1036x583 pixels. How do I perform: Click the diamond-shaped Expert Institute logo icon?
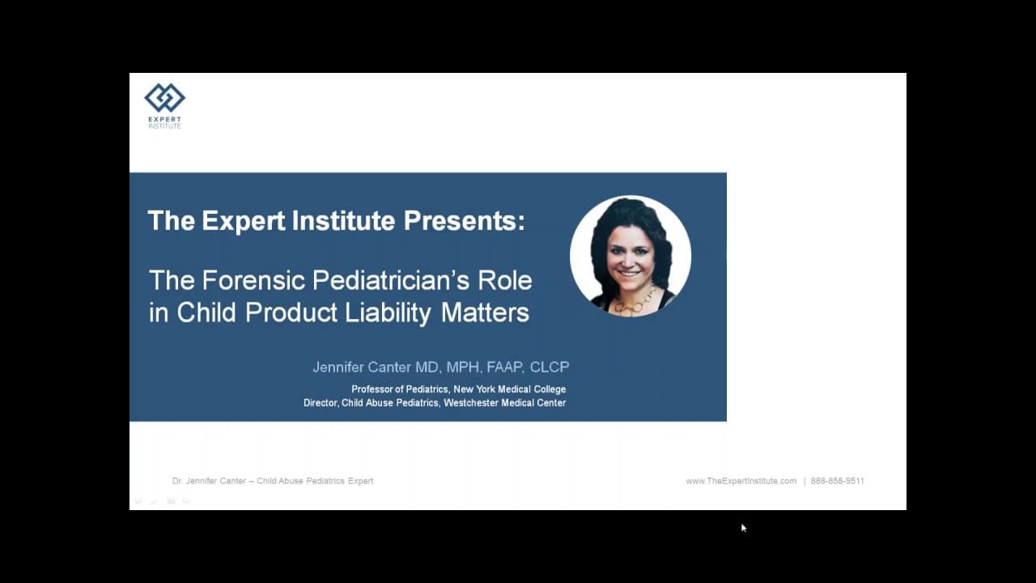164,98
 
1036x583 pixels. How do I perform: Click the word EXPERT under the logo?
164,119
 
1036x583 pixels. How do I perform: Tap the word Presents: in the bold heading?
465,220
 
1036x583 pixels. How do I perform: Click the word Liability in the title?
388,313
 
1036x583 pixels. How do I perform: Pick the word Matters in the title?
485,313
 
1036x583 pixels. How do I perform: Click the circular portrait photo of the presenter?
631,256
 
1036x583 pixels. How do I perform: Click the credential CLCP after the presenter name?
550,368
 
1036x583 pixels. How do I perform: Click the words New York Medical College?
510,389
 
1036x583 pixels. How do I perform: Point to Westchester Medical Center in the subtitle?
505,403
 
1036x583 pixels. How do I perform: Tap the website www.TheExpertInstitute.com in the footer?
741,481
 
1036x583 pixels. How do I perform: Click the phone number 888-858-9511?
838,481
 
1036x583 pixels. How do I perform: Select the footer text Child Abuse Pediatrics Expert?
315,481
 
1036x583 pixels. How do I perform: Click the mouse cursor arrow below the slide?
744,528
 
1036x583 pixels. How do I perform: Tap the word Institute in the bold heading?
344,220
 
